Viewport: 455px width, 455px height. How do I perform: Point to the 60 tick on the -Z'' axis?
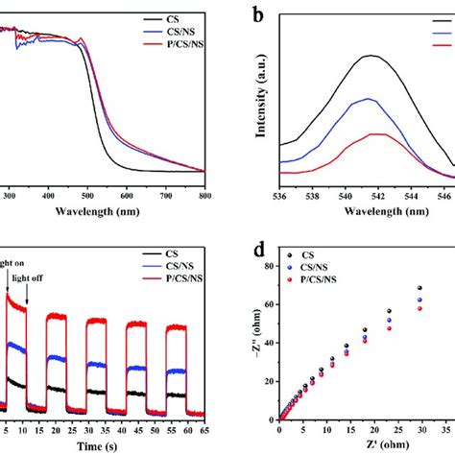pyautogui.click(x=265, y=304)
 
